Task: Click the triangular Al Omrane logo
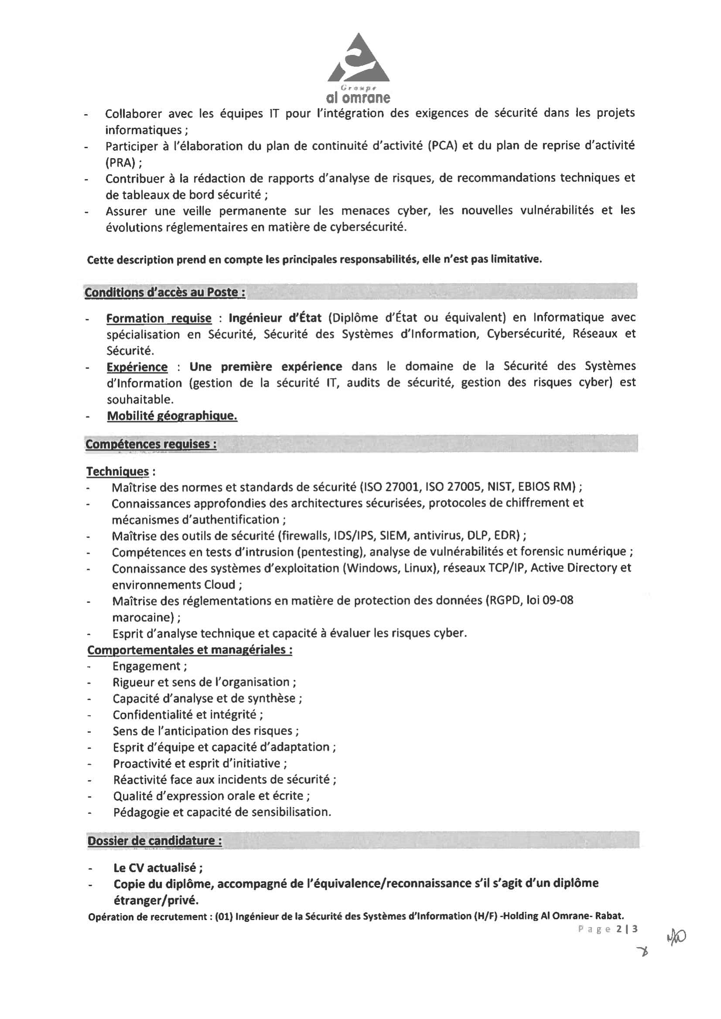(x=359, y=60)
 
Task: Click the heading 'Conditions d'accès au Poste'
(x=164, y=292)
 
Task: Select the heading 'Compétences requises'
(x=151, y=444)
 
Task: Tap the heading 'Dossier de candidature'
(x=154, y=840)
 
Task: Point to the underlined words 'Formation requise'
(x=159, y=318)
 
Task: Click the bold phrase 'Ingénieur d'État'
(x=275, y=318)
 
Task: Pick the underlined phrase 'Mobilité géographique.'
(x=172, y=416)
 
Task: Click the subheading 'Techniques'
(x=118, y=471)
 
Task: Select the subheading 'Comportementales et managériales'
(x=190, y=650)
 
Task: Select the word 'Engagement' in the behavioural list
(x=147, y=666)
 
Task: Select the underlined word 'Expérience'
(x=137, y=367)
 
